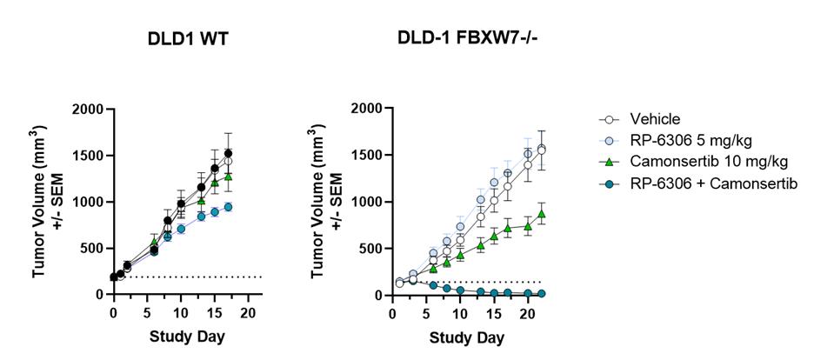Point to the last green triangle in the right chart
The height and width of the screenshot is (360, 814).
coord(541,214)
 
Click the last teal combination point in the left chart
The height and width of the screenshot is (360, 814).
coord(228,207)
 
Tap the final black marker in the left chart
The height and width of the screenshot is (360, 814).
coord(228,154)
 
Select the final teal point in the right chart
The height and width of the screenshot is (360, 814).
coord(541,294)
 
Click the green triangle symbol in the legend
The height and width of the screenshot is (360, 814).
coord(608,162)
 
